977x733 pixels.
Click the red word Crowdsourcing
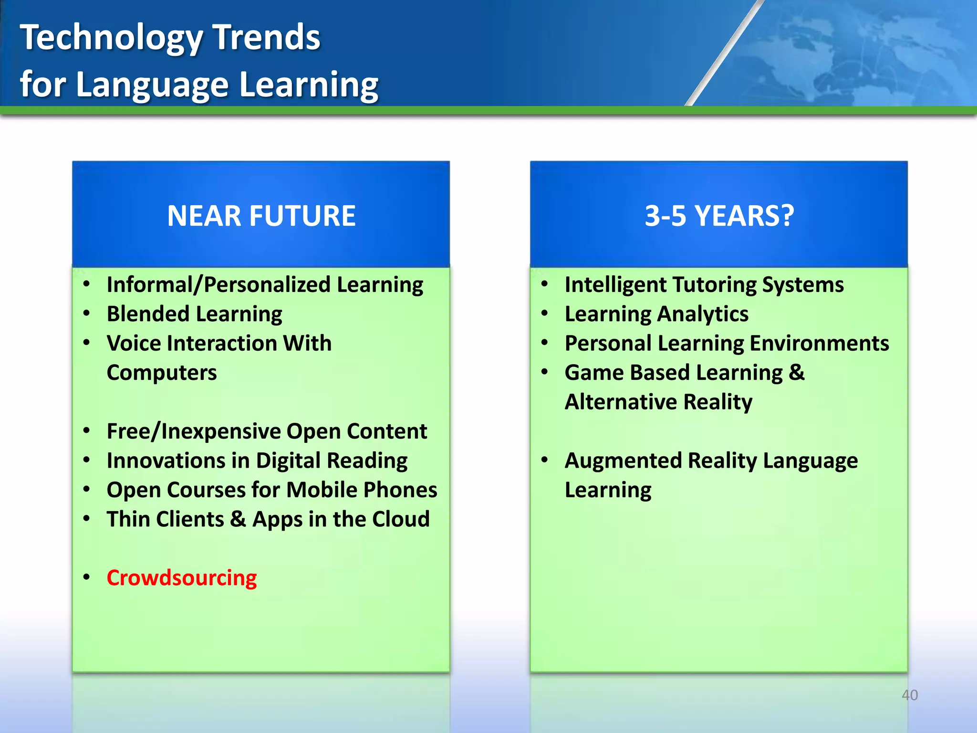[x=181, y=578]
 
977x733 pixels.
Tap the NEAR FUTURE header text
[x=261, y=216]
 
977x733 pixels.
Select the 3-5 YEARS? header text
[x=719, y=216]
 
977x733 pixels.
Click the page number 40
[x=909, y=695]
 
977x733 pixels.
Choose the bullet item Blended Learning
[x=194, y=314]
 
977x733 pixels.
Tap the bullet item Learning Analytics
[x=656, y=314]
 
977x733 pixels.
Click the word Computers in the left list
[x=162, y=373]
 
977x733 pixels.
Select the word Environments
[x=819, y=344]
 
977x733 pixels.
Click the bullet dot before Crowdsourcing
[x=86, y=577]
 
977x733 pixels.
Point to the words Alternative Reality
[x=658, y=402]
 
